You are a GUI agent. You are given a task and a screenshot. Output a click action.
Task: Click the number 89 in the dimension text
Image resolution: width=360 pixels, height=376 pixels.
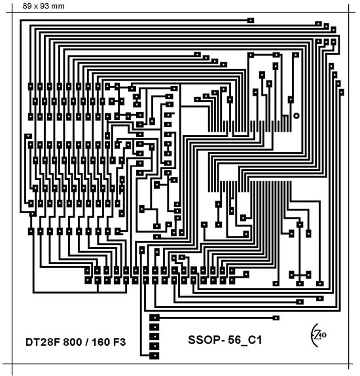[27, 6]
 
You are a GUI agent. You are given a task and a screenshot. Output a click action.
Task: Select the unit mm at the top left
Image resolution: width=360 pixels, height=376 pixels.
[58, 7]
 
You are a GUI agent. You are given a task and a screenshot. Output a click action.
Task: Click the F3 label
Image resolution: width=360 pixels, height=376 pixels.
[119, 342]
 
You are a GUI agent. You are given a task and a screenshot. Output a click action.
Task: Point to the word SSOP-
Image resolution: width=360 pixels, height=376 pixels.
[206, 340]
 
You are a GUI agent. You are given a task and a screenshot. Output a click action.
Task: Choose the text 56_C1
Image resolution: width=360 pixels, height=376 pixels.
[245, 340]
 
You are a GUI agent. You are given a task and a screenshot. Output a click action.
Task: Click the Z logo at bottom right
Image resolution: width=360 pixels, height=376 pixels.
[318, 335]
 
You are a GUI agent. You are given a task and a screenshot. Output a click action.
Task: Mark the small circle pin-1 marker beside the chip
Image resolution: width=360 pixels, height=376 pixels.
[297, 115]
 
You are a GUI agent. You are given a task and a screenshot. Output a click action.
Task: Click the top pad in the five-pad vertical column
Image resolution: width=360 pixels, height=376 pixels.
[154, 318]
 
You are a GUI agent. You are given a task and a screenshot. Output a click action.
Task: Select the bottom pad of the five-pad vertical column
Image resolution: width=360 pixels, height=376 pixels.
[154, 356]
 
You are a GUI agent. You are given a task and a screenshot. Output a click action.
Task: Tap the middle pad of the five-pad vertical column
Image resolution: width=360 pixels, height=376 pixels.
[154, 337]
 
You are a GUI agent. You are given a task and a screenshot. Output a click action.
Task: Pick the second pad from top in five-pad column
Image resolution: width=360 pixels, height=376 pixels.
[154, 327]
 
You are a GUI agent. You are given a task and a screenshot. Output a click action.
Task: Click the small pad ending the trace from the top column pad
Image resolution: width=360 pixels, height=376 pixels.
[276, 318]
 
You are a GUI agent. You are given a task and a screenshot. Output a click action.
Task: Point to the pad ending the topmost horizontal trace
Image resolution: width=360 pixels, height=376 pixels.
[251, 20]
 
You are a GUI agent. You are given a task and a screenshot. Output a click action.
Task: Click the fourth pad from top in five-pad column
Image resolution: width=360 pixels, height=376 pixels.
[154, 346]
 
